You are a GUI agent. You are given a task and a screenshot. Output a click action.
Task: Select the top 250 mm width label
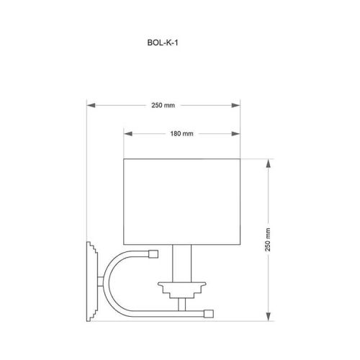pos(163,105)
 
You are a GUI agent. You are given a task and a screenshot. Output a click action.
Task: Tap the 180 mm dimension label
pos(181,134)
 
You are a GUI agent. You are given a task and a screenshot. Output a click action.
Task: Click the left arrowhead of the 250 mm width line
pos(91,105)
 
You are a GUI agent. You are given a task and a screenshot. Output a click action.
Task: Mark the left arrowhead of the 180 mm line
pos(127,134)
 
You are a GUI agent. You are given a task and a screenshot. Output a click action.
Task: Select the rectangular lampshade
pos(181,202)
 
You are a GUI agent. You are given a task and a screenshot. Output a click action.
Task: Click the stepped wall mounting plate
pos(91,281)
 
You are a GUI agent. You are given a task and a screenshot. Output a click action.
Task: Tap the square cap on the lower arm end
pos(208,312)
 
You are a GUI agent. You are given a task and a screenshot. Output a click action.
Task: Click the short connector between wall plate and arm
pos(102,281)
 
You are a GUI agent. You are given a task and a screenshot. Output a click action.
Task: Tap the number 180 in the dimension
pos(176,134)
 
